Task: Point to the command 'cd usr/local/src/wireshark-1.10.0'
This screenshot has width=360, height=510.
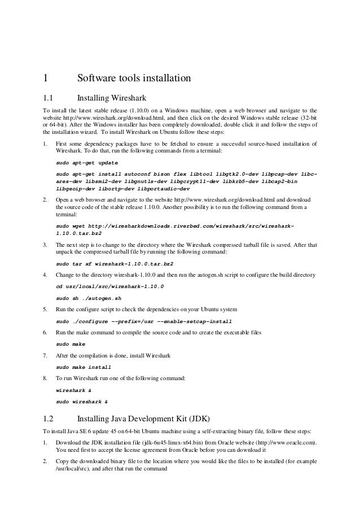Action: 111,287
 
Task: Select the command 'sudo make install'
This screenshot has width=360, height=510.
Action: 87,367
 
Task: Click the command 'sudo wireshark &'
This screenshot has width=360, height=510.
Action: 82,402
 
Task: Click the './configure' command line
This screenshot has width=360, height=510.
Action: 144,321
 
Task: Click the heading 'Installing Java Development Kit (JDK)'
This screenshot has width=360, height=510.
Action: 143,419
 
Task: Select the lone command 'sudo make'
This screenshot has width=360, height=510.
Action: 71,343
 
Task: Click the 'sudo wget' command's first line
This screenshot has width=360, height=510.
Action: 175,225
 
